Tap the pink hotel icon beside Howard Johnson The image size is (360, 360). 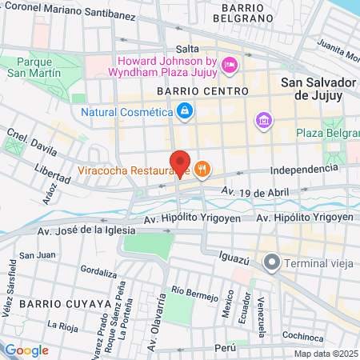tap(229, 65)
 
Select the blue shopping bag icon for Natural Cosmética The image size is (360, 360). tap(185, 110)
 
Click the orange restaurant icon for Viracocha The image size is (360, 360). tap(202, 169)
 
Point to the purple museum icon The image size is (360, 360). tap(262, 121)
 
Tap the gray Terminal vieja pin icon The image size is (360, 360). tap(273, 262)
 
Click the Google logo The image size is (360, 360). tap(26, 350)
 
